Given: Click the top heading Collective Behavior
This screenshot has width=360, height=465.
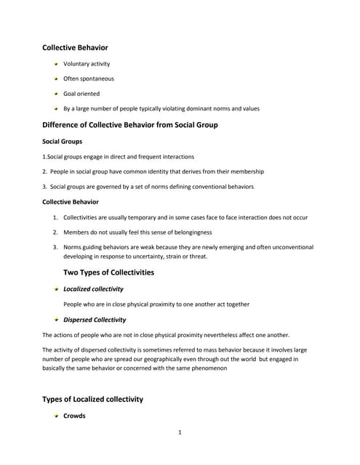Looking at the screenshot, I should (x=75, y=48).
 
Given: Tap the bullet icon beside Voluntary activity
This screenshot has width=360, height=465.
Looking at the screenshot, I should (x=55, y=64).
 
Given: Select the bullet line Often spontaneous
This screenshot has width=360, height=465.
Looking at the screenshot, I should (x=89, y=78).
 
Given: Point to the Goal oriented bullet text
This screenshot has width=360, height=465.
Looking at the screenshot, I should (x=81, y=94).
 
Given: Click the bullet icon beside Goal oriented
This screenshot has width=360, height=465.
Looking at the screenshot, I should (x=55, y=94).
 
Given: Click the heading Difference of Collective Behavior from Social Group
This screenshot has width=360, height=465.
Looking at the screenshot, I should (x=130, y=125).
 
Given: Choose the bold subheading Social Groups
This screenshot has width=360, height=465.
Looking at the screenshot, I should (x=62, y=141).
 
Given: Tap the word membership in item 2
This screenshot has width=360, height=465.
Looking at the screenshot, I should (x=246, y=171).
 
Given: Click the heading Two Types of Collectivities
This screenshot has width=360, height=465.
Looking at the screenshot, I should (x=109, y=272).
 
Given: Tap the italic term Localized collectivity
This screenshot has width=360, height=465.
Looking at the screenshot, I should (x=93, y=288).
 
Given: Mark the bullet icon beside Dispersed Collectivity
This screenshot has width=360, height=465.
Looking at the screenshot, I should (x=55, y=319).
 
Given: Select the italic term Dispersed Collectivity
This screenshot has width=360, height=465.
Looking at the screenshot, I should (x=95, y=319).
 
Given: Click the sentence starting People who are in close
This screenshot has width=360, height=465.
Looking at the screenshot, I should (x=156, y=304).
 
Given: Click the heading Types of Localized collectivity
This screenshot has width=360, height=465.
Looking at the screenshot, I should (x=92, y=399).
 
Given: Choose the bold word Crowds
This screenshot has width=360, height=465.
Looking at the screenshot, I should (x=74, y=416).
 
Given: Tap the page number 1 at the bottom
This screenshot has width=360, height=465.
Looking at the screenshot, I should (x=180, y=433).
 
